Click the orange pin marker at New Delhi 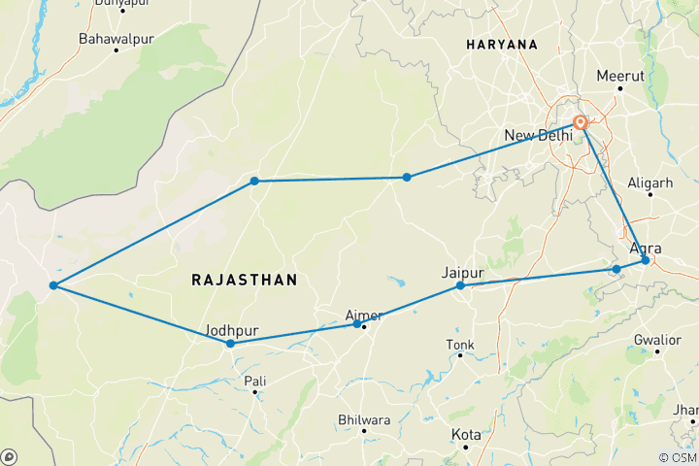(x=581, y=123)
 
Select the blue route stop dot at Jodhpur (x=230, y=344)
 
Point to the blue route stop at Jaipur (x=460, y=285)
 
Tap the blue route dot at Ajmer (x=357, y=324)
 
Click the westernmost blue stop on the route (x=53, y=285)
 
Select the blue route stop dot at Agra (x=646, y=260)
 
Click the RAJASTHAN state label (x=244, y=280)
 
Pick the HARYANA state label (x=501, y=46)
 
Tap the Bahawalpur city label (x=116, y=40)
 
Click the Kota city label (x=465, y=434)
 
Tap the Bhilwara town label (x=363, y=419)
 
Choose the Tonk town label (x=460, y=345)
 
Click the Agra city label (x=646, y=248)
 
